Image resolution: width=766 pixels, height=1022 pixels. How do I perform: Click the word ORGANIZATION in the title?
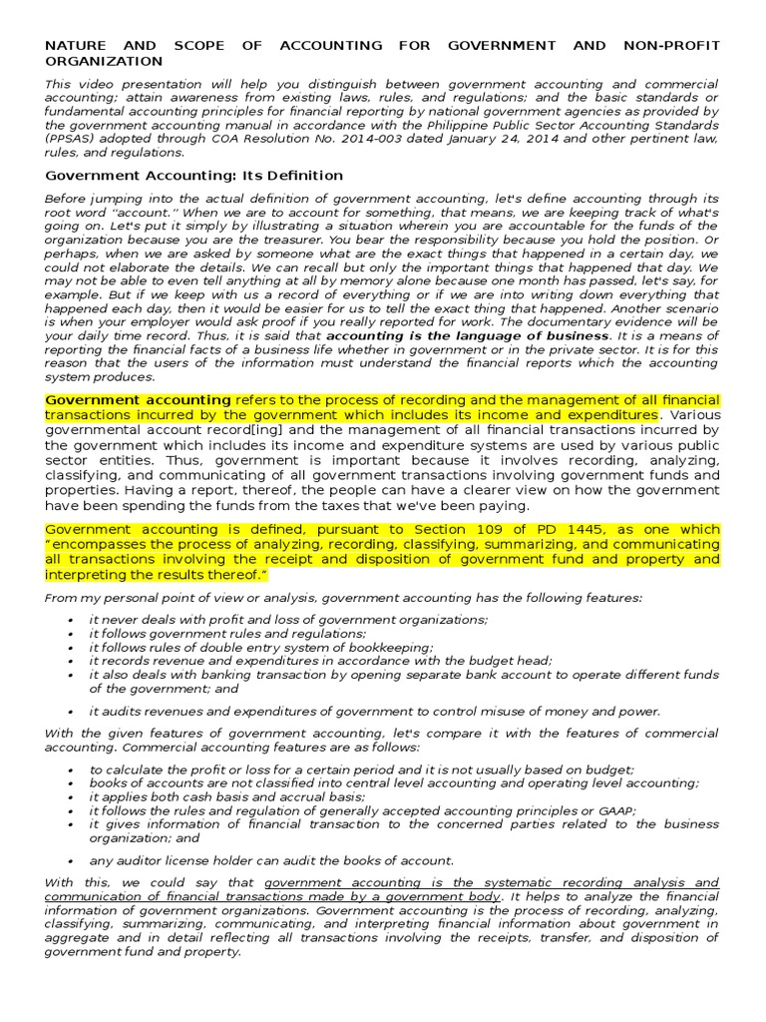coord(104,61)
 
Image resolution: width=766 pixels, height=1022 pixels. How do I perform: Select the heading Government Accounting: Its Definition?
coord(194,176)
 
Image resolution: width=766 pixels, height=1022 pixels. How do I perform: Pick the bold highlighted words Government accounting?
coord(139,400)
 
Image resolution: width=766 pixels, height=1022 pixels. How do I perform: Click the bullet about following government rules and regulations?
coord(227,634)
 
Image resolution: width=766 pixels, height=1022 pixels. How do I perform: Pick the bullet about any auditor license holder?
coord(271,860)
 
